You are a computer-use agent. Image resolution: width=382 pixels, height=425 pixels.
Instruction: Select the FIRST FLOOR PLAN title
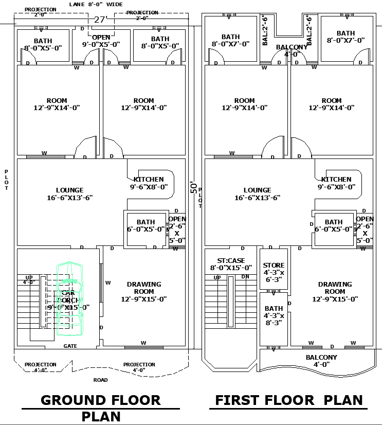tap(288, 400)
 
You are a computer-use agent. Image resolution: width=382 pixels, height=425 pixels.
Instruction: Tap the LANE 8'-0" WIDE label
tap(96, 4)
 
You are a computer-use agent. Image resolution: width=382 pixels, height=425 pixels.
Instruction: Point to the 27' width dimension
tap(99, 20)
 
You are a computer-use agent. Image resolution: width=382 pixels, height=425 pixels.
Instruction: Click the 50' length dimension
tap(194, 187)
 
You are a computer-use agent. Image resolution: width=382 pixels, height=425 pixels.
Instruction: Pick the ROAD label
tap(101, 380)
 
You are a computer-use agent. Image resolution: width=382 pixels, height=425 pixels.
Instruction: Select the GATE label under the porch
tap(70, 346)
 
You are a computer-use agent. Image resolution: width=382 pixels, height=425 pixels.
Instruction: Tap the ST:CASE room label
tap(231, 263)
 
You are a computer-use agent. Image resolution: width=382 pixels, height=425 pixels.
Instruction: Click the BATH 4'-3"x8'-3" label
tap(274, 315)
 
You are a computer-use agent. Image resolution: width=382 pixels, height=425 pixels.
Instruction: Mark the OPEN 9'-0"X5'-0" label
tap(101, 41)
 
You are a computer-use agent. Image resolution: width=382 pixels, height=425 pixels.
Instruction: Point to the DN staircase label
tap(246, 277)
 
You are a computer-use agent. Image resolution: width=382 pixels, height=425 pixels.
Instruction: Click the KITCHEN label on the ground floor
tap(149, 183)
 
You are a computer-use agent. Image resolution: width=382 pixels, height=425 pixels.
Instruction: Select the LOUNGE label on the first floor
tap(257, 193)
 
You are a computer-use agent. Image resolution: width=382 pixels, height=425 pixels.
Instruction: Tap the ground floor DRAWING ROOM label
tap(144, 291)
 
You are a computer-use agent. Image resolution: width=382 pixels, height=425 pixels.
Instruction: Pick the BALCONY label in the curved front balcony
tap(321, 361)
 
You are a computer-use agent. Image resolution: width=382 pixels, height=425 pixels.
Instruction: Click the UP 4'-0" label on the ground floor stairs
tap(28, 279)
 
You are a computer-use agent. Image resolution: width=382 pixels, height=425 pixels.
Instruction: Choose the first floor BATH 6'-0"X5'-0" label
tap(334, 226)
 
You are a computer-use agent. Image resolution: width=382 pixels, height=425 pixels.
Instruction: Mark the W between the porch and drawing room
tap(108, 282)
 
